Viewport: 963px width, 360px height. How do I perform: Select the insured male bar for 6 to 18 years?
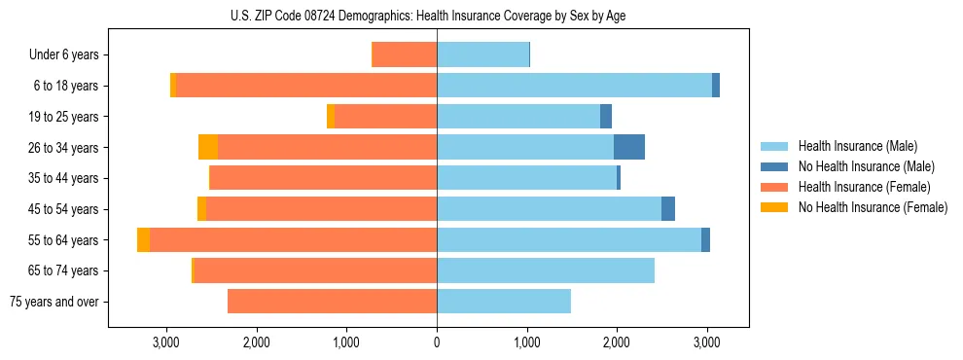pyautogui.click(x=574, y=86)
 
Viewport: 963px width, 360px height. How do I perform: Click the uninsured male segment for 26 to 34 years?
pyautogui.click(x=629, y=147)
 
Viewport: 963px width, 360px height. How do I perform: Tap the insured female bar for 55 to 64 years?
pyautogui.click(x=293, y=239)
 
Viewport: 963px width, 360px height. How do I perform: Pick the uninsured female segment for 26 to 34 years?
pyautogui.click(x=208, y=147)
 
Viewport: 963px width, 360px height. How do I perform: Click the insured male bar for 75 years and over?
pyautogui.click(x=504, y=302)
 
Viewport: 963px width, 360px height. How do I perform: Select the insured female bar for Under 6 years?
pyautogui.click(x=405, y=54)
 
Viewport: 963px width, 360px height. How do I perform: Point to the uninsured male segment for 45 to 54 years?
pyautogui.click(x=668, y=209)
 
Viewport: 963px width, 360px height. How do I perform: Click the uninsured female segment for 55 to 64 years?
pyautogui.click(x=143, y=239)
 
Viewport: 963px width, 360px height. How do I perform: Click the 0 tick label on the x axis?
pyautogui.click(x=437, y=342)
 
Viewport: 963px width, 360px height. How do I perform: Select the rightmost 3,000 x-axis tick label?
pyautogui.click(x=707, y=342)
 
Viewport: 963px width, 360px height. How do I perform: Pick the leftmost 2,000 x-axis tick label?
pyautogui.click(x=257, y=342)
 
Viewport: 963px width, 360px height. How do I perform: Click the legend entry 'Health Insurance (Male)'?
pyautogui.click(x=852, y=146)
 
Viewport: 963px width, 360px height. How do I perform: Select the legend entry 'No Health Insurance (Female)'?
pyautogui.click(x=873, y=207)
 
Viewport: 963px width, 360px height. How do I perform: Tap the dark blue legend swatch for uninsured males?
pyautogui.click(x=775, y=166)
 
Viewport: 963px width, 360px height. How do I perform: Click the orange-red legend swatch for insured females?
pyautogui.click(x=775, y=187)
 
